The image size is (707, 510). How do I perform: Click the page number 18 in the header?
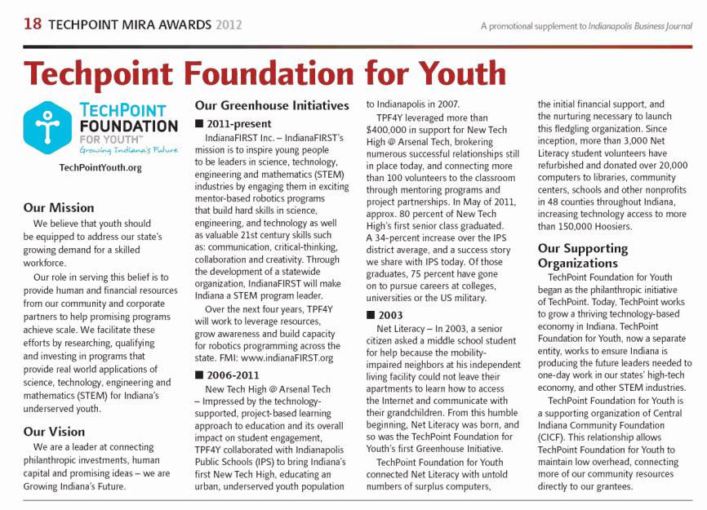point(32,25)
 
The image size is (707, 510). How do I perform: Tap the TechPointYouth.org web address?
point(100,168)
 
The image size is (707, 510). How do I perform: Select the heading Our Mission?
point(59,207)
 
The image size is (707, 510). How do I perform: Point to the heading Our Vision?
point(54,431)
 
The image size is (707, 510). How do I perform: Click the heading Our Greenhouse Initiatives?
point(272,105)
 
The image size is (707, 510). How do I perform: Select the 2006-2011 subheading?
point(237,375)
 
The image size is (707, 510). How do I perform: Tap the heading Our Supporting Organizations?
point(583,255)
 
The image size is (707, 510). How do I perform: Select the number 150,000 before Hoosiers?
point(582,225)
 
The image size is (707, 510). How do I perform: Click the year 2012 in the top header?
point(229,25)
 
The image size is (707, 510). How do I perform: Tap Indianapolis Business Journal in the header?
point(642,26)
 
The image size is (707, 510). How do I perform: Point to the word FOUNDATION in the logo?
point(128,126)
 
